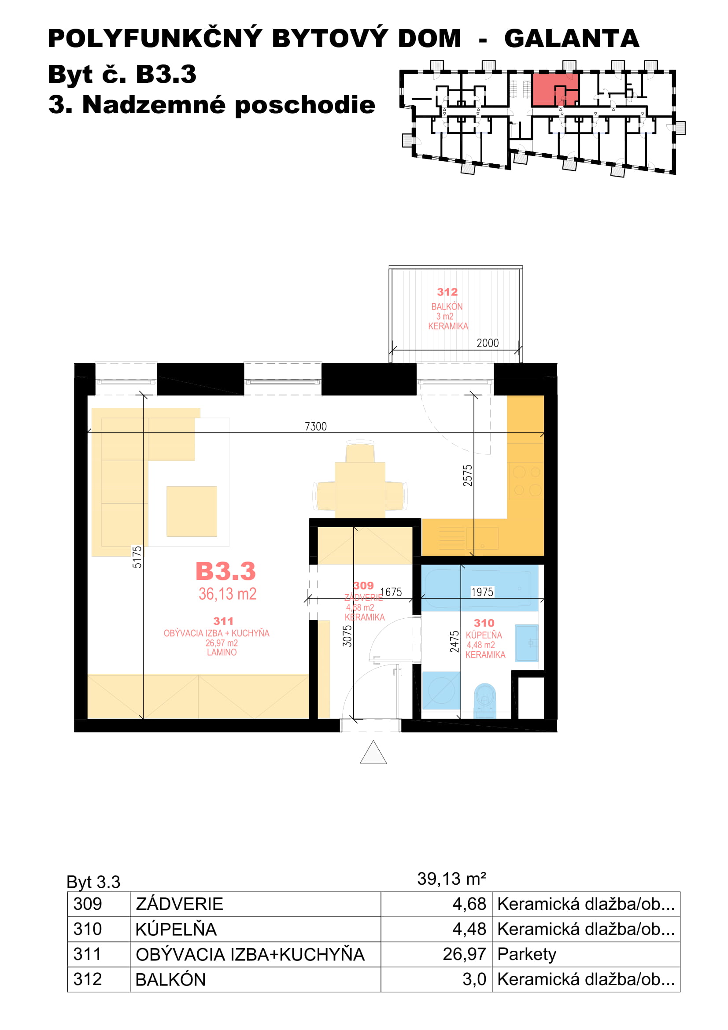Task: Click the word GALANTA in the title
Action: [x=572, y=39]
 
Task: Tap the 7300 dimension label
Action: [x=316, y=426]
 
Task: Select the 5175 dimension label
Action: [x=137, y=557]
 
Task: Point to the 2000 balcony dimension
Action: [x=488, y=343]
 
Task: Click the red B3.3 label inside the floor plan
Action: [x=225, y=571]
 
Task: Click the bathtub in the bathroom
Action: [x=480, y=588]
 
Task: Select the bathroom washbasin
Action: [x=527, y=643]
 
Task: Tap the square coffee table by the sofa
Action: [x=192, y=511]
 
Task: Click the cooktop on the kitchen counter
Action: [x=526, y=481]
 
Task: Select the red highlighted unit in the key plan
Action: [x=554, y=89]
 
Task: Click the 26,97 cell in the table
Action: [x=464, y=954]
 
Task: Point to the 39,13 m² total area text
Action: [x=452, y=879]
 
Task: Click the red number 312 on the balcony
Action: [x=447, y=292]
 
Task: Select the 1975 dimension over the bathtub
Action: [x=482, y=592]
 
